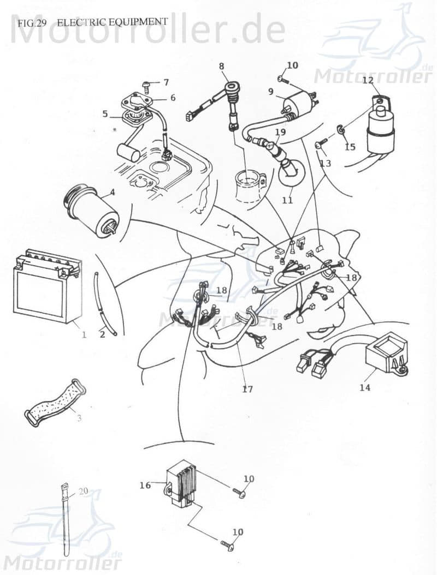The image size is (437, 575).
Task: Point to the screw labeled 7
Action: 147,85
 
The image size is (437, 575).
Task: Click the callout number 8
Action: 221,67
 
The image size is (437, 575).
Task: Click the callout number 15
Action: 350,147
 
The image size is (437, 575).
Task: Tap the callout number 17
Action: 247,390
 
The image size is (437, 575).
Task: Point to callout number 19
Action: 280,132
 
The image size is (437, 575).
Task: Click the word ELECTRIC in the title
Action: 82,22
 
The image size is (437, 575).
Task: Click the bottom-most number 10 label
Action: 238,532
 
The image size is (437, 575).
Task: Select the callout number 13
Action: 326,164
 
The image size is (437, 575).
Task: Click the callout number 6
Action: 173,98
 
